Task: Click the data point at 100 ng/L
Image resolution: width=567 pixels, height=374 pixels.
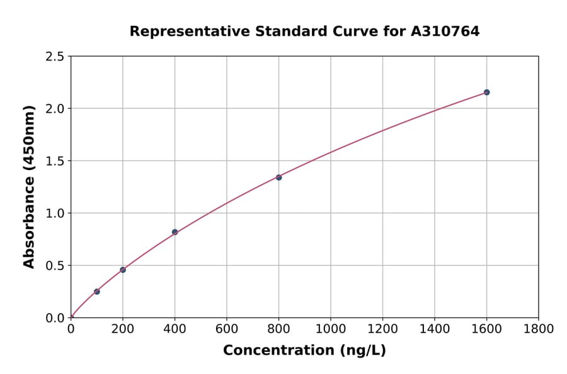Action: coord(97,292)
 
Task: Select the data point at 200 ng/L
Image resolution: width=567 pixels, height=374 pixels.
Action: coord(123,269)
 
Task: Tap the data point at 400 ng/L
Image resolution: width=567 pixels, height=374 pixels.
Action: coord(175,232)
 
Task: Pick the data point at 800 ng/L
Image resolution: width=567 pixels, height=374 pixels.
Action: coord(278,178)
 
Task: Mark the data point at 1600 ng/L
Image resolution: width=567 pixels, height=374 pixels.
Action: coord(486,93)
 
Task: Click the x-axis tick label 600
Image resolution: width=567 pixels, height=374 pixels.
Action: coord(227,329)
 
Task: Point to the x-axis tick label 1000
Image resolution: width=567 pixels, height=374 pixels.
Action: coord(331,329)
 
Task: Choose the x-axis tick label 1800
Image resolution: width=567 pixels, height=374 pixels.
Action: coord(539,329)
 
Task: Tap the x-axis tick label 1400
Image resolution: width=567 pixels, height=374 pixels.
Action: coord(435,329)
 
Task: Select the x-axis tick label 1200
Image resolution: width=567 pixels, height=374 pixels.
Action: coord(382,329)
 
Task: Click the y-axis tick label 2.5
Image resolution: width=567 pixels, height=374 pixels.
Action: coord(55,57)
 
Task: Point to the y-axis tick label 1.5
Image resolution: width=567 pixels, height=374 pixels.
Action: coord(55,161)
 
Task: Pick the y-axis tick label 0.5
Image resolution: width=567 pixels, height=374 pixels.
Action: coord(55,266)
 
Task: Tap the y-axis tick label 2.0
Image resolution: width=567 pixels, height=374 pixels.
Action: coord(55,109)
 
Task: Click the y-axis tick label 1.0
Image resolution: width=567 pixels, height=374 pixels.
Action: coord(55,213)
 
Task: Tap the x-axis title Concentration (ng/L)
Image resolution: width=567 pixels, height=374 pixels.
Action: coord(304,351)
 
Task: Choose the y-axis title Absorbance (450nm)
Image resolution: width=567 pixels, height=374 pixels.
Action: coord(29,186)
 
